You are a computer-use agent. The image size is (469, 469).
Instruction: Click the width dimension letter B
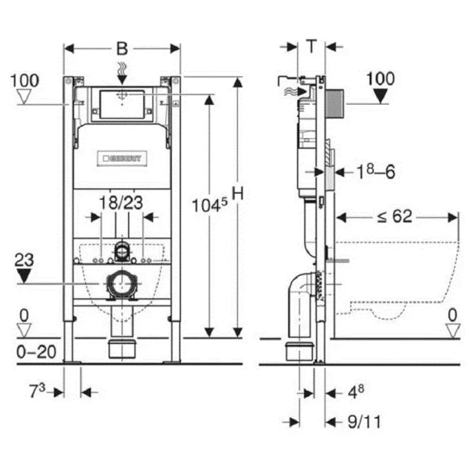point(122,49)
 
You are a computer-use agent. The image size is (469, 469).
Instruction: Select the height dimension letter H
point(238,193)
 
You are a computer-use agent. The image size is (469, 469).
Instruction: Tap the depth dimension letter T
point(311,47)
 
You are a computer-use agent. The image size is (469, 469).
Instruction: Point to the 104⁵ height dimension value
point(210,205)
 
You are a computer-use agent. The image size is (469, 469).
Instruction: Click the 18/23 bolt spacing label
point(121,203)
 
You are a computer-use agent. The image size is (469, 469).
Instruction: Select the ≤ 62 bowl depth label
point(395,216)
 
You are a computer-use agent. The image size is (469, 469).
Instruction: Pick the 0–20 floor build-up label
point(36,352)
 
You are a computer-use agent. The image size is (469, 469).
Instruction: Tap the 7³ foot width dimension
point(37,391)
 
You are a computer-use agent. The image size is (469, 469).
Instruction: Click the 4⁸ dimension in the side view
point(356,391)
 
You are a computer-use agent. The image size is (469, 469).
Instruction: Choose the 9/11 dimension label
point(364,422)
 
